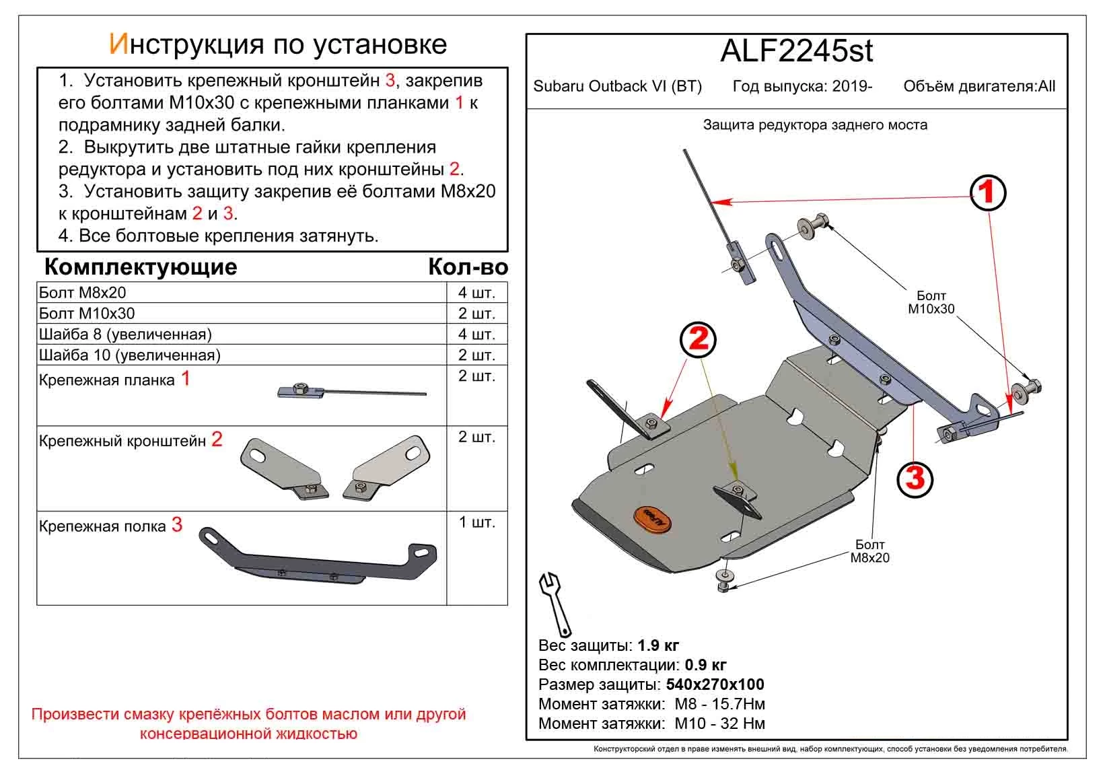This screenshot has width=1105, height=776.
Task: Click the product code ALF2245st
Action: pos(797,51)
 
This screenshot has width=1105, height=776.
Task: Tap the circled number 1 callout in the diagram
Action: pos(987,193)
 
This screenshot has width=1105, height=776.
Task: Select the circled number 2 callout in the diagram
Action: pos(699,339)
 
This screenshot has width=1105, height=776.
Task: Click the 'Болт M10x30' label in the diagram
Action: pos(931,302)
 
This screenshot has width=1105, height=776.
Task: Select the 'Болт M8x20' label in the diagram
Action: pos(869,551)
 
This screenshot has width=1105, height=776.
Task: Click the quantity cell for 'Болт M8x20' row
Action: pos(476,293)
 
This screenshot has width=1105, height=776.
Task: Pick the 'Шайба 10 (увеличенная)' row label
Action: pos(130,355)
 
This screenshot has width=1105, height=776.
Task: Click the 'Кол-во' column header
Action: pos(468,268)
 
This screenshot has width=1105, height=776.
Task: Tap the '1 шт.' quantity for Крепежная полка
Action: pos(476,523)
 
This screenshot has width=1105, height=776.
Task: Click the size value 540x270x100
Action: pos(715,685)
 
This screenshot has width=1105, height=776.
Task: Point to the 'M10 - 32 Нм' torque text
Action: pos(719,724)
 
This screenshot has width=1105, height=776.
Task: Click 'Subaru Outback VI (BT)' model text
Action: pos(617,87)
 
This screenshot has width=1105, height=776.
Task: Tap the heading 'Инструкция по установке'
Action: pos(277,44)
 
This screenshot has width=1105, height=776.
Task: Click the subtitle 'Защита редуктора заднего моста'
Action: pos(814,125)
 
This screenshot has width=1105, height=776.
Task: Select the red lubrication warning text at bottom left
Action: pos(248,724)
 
